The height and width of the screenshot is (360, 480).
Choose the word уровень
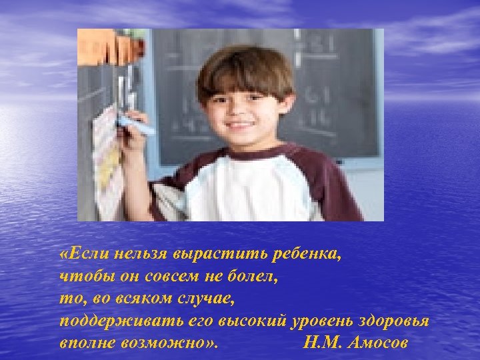(320, 321)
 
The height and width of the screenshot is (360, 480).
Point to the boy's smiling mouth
(241, 125)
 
